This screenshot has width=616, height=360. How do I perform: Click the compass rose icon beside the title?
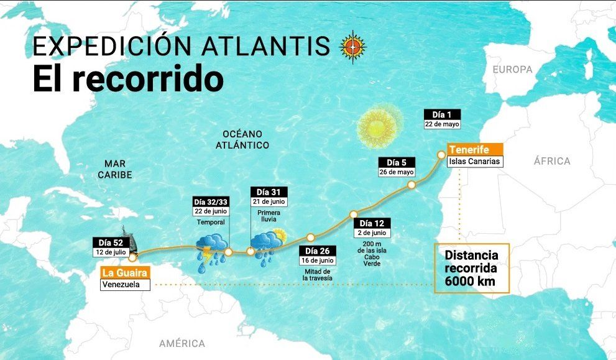click(x=352, y=46)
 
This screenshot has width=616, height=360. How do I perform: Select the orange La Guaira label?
click(x=125, y=272)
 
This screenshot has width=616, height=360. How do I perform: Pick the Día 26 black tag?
click(x=317, y=251)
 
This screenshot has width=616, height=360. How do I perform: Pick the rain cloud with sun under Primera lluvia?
click(x=267, y=243)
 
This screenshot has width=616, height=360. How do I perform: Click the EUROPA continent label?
click(x=513, y=70)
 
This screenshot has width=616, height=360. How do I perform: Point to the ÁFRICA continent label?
click(x=551, y=161)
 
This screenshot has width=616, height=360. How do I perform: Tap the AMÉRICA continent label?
click(x=182, y=343)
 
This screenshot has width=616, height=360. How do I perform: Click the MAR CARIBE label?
click(x=114, y=169)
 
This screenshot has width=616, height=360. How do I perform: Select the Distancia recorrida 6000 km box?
click(x=471, y=268)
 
